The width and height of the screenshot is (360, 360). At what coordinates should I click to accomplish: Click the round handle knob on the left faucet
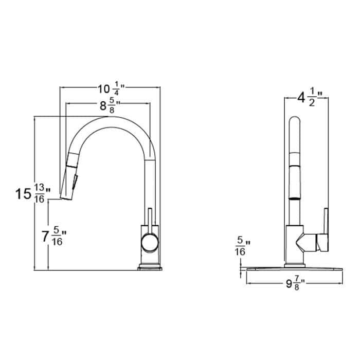[150, 241]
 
